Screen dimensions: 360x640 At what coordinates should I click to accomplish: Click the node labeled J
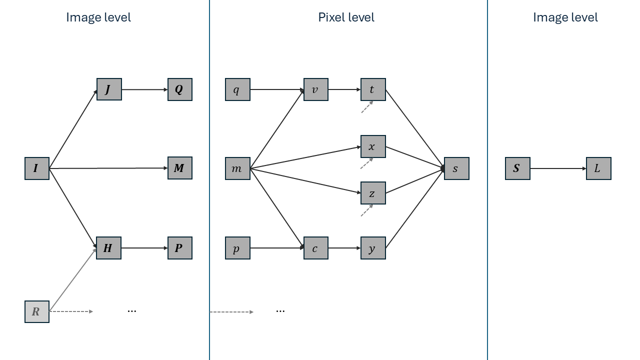tap(109, 89)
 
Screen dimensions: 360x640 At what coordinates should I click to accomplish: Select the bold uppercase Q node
tap(180, 89)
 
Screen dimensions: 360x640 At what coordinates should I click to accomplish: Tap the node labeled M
tap(180, 168)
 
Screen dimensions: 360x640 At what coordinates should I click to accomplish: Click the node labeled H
tap(109, 248)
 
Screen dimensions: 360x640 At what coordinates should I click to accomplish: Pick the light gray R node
tap(37, 311)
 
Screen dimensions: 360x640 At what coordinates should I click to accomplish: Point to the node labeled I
tap(37, 168)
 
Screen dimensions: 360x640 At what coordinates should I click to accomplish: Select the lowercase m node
tap(237, 168)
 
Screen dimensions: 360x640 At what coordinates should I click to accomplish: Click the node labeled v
tap(316, 89)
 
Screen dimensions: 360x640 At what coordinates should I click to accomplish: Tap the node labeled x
tap(373, 146)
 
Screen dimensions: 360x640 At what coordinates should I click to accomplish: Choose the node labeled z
tap(373, 193)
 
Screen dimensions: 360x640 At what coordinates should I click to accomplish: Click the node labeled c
tap(316, 248)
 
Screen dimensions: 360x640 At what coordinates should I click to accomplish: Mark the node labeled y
tap(373, 248)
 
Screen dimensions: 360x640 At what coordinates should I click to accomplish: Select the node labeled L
tap(598, 168)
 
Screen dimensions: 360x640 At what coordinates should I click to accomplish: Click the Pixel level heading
tap(346, 17)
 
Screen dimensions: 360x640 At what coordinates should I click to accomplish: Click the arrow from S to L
tap(558, 168)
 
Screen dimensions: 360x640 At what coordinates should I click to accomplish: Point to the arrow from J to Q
tap(144, 89)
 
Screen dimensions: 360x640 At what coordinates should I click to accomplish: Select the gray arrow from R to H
tap(73, 279)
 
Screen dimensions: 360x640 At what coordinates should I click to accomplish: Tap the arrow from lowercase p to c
tap(277, 248)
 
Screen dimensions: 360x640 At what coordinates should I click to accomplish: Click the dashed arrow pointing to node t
tap(367, 107)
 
